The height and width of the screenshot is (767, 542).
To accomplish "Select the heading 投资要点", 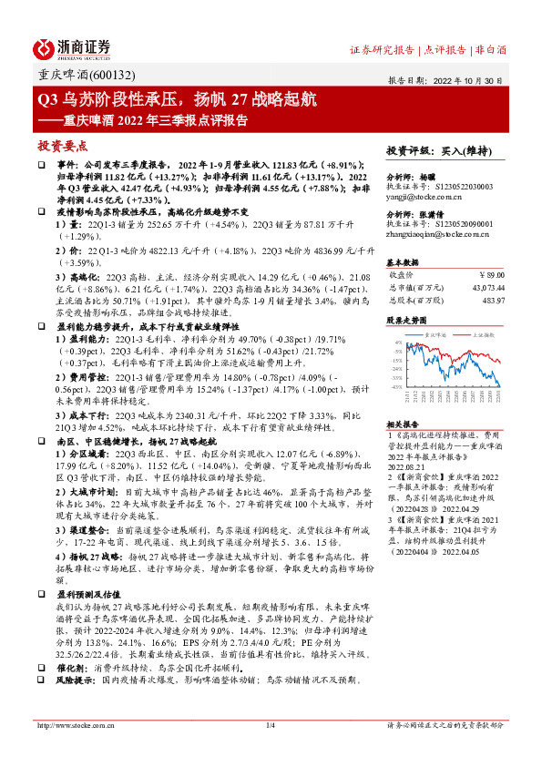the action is (62, 145).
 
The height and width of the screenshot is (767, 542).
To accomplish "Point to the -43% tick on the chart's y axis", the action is (397, 385).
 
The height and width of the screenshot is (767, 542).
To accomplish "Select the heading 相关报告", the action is (402, 424).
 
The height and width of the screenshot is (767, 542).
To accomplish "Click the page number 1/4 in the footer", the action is (270, 725).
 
